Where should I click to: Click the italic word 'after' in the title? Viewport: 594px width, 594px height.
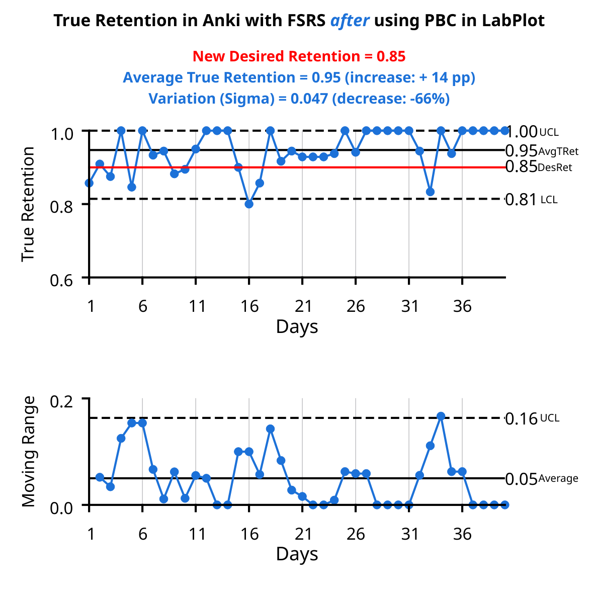point(350,21)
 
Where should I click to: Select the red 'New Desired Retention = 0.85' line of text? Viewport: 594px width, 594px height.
point(299,56)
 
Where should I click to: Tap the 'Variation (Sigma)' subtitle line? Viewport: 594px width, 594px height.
point(299,99)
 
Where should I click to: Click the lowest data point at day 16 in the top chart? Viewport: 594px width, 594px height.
point(249,204)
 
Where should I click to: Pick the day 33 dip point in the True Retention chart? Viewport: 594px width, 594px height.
point(430,192)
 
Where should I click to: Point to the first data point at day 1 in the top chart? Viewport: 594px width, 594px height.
point(89,183)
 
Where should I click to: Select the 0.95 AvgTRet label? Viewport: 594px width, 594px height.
point(541,151)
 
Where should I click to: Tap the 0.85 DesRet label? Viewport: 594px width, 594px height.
point(538,167)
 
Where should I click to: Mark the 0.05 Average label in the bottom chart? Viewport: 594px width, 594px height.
point(541,479)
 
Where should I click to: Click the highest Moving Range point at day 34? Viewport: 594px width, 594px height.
point(441,416)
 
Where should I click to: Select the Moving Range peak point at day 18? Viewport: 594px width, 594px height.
point(270,429)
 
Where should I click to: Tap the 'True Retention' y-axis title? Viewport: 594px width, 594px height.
point(29,204)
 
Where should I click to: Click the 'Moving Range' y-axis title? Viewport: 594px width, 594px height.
point(29,451)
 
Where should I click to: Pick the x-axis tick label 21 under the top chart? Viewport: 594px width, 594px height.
point(303,306)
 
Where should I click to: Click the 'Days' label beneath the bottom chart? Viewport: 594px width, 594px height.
point(297,554)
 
